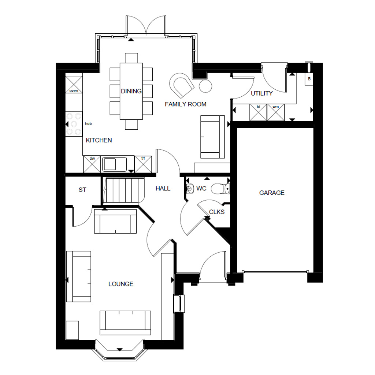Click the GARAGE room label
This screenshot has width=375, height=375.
272,193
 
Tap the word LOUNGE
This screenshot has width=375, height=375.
121,284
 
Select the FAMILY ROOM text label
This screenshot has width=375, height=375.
185,104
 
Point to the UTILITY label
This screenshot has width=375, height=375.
261,93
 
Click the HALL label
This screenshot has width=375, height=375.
163,189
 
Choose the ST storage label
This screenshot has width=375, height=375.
82,190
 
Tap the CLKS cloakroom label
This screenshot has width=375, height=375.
217,212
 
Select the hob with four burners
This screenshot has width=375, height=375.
74,124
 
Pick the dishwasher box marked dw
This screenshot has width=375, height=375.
92,164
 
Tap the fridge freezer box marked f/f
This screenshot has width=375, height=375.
143,164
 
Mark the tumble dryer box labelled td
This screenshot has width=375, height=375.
258,112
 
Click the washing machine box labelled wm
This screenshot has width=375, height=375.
276,112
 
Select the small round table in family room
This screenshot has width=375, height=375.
205,86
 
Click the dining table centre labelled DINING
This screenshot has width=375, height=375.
131,91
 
